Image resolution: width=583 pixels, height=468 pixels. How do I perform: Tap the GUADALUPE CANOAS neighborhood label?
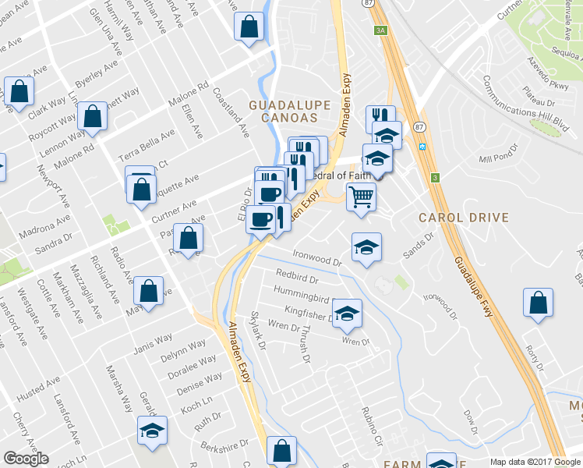(x=283, y=110)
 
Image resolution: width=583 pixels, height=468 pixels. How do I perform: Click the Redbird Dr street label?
(x=298, y=275)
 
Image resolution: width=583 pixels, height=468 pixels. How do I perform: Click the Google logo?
(x=25, y=459)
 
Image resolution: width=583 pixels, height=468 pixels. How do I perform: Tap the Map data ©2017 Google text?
(x=535, y=462)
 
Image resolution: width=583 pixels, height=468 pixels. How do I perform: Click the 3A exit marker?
(x=380, y=30)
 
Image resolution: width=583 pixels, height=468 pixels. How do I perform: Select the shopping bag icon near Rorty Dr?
(x=538, y=303)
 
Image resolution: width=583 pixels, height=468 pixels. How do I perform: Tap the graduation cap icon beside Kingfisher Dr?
(x=348, y=313)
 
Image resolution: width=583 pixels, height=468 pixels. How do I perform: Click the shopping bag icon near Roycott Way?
(x=93, y=117)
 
